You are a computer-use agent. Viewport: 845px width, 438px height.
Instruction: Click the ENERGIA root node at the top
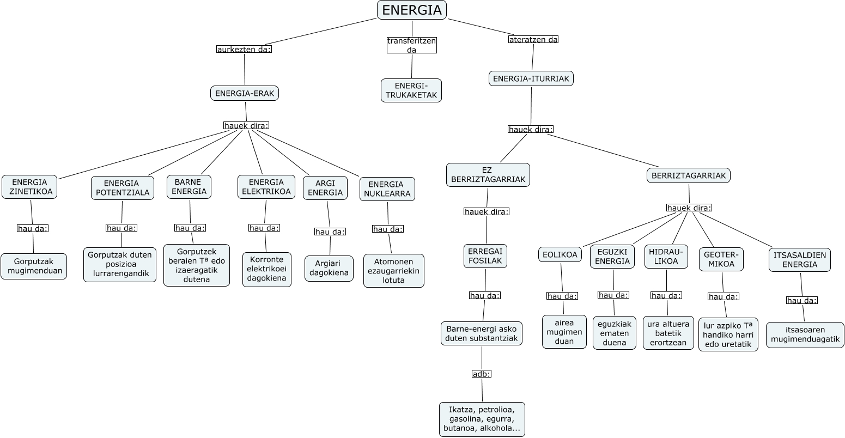click(x=412, y=10)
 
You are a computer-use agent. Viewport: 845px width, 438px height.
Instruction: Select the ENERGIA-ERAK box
click(x=245, y=93)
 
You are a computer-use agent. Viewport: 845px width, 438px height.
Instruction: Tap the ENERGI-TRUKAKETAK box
click(x=411, y=90)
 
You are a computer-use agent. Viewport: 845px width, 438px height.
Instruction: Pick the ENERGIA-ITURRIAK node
click(x=531, y=78)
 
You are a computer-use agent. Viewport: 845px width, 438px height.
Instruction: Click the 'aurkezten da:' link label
click(x=244, y=49)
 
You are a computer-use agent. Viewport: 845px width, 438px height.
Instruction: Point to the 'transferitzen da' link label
click(x=412, y=45)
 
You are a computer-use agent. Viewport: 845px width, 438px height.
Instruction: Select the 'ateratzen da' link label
click(x=533, y=39)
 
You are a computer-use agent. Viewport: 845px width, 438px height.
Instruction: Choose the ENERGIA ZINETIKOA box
click(x=29, y=187)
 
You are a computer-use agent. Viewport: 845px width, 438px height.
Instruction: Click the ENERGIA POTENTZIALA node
click(x=121, y=188)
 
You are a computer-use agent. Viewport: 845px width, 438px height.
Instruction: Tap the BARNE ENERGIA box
click(x=189, y=187)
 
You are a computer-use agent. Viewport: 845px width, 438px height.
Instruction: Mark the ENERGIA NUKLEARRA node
click(x=387, y=189)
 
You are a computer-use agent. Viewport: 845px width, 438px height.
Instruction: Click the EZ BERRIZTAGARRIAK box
click(x=488, y=175)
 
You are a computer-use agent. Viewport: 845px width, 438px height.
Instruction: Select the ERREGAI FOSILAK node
click(x=486, y=256)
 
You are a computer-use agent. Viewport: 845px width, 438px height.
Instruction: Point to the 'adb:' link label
click(x=482, y=374)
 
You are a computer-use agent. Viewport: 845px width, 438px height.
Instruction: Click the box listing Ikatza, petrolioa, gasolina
click(x=482, y=419)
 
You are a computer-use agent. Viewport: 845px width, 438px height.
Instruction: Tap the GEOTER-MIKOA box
click(x=721, y=259)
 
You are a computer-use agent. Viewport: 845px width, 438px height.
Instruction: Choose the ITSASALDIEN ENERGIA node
click(x=799, y=260)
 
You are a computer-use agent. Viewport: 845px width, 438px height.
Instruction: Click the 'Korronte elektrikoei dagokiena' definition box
click(x=267, y=270)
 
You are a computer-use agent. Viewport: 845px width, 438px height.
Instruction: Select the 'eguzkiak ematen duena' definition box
click(x=615, y=333)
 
